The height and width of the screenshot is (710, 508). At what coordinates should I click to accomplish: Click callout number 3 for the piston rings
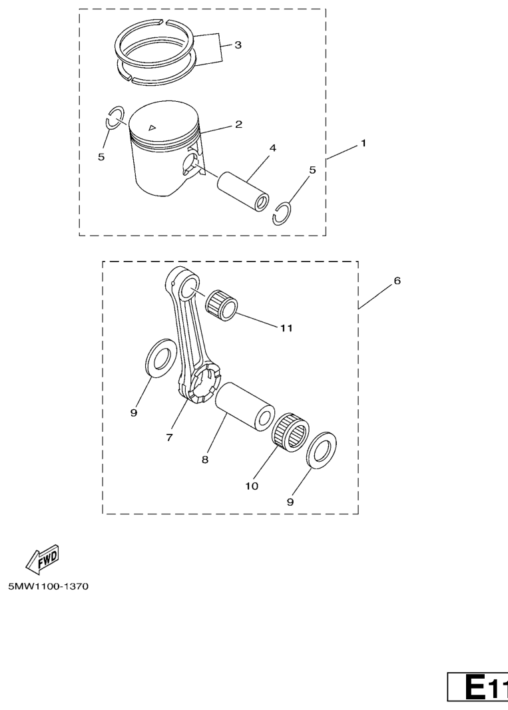(238, 45)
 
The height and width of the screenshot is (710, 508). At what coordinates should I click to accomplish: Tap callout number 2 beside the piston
(239, 124)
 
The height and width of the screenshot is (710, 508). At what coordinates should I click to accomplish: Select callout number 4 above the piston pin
(273, 148)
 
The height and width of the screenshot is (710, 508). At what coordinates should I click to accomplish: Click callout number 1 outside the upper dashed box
(364, 143)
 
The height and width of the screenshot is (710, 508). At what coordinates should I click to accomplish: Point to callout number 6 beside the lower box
(397, 281)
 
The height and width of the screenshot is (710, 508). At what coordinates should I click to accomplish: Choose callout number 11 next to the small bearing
(286, 328)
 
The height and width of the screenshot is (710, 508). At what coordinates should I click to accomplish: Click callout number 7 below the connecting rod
(169, 437)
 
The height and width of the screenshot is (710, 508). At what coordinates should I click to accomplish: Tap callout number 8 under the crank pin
(205, 460)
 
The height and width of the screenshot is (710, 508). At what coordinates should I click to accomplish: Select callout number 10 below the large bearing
(252, 486)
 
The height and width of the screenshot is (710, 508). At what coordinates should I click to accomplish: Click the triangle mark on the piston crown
(152, 127)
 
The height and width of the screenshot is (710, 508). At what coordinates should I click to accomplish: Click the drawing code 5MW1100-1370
(49, 586)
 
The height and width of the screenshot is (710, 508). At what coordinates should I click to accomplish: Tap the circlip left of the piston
(115, 118)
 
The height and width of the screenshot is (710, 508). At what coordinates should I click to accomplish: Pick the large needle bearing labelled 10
(290, 433)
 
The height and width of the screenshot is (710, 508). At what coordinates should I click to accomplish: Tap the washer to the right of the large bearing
(322, 451)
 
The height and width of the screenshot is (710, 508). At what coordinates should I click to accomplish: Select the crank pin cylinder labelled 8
(245, 406)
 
